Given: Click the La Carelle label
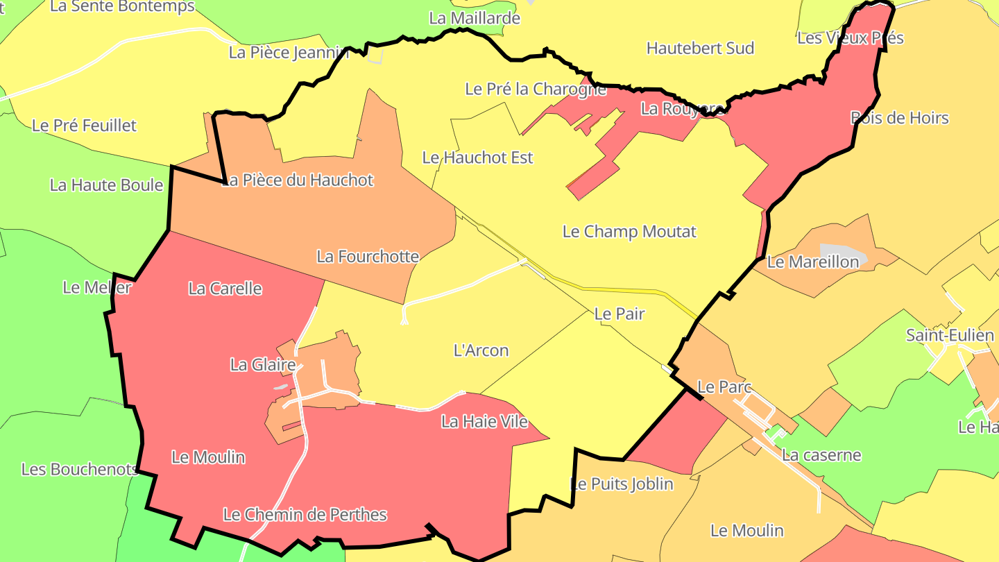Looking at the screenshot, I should point(225,289).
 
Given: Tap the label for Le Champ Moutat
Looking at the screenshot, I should point(629,232).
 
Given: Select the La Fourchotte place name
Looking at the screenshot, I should point(368,257).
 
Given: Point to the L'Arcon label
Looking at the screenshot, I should point(481,350).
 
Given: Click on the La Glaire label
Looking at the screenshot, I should point(263,364).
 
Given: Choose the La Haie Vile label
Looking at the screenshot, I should point(485,421).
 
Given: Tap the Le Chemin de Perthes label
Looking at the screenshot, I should point(305,515).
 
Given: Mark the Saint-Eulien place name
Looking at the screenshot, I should point(950,336).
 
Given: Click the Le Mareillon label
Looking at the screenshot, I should point(812,262).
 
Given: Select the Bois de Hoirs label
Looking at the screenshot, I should point(899,118).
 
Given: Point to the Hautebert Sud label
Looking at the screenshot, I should point(700,49).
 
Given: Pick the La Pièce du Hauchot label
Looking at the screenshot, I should point(300,180).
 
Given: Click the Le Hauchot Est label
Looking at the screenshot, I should point(478,157).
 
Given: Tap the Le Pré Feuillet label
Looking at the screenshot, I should point(85,126).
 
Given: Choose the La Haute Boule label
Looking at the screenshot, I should point(106,185).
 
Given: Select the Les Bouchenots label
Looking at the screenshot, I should point(80,469).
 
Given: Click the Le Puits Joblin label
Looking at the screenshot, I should point(622,484).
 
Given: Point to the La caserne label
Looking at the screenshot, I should point(821,455).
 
